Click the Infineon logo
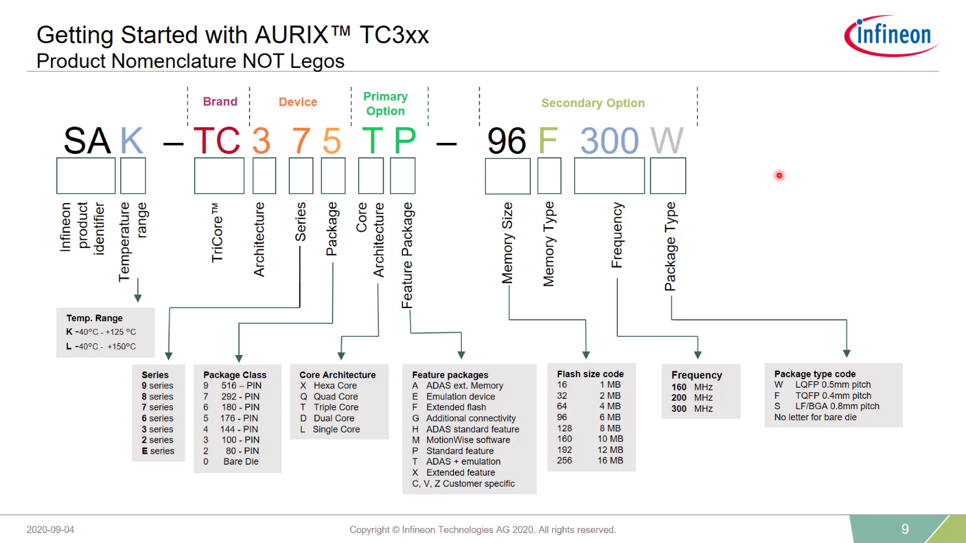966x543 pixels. [891, 35]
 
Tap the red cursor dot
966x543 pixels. [779, 176]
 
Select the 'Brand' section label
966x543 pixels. [220, 102]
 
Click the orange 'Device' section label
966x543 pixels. [298, 102]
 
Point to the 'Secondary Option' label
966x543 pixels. [592, 103]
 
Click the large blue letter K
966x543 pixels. [132, 141]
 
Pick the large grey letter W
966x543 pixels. [667, 141]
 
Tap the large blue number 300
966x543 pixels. [609, 141]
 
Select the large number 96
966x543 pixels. [506, 141]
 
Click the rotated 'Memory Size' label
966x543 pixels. [507, 243]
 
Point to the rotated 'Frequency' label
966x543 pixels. [617, 235]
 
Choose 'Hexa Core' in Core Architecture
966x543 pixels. [335, 386]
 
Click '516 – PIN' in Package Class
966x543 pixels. [241, 386]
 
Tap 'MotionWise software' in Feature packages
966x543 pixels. [468, 440]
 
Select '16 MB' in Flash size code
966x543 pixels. [610, 461]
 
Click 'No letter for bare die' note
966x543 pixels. [815, 417]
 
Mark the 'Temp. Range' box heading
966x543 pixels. [94, 318]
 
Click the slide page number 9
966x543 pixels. [905, 529]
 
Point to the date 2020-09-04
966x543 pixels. [50, 530]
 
